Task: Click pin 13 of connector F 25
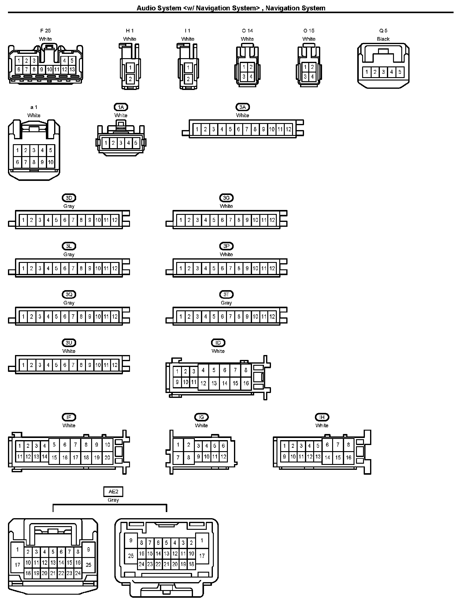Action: pyautogui.click(x=72, y=69)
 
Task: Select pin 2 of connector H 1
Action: pyautogui.click(x=130, y=79)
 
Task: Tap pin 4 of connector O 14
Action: pyautogui.click(x=251, y=77)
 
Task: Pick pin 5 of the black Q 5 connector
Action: pyautogui.click(x=400, y=72)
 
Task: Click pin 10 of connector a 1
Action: pyautogui.click(x=50, y=162)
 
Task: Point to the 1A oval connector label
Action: pyautogui.click(x=121, y=107)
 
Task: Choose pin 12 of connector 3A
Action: pyautogui.click(x=288, y=129)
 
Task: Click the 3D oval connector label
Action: pyautogui.click(x=69, y=198)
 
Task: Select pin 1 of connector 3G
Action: pyautogui.click(x=181, y=220)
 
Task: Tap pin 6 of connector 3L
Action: pyautogui.click(x=65, y=268)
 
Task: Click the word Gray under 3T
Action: pyautogui.click(x=226, y=303)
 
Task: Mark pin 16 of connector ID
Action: pyautogui.click(x=246, y=383)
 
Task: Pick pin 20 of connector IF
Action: pyautogui.click(x=107, y=458)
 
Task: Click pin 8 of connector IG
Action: pyautogui.click(x=189, y=458)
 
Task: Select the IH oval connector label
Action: pyautogui.click(x=322, y=417)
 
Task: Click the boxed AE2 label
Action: pyautogui.click(x=113, y=492)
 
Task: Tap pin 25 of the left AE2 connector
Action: pyautogui.click(x=88, y=565)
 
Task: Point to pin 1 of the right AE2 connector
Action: pyautogui.click(x=202, y=541)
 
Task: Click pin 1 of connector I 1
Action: pyautogui.click(x=188, y=68)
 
